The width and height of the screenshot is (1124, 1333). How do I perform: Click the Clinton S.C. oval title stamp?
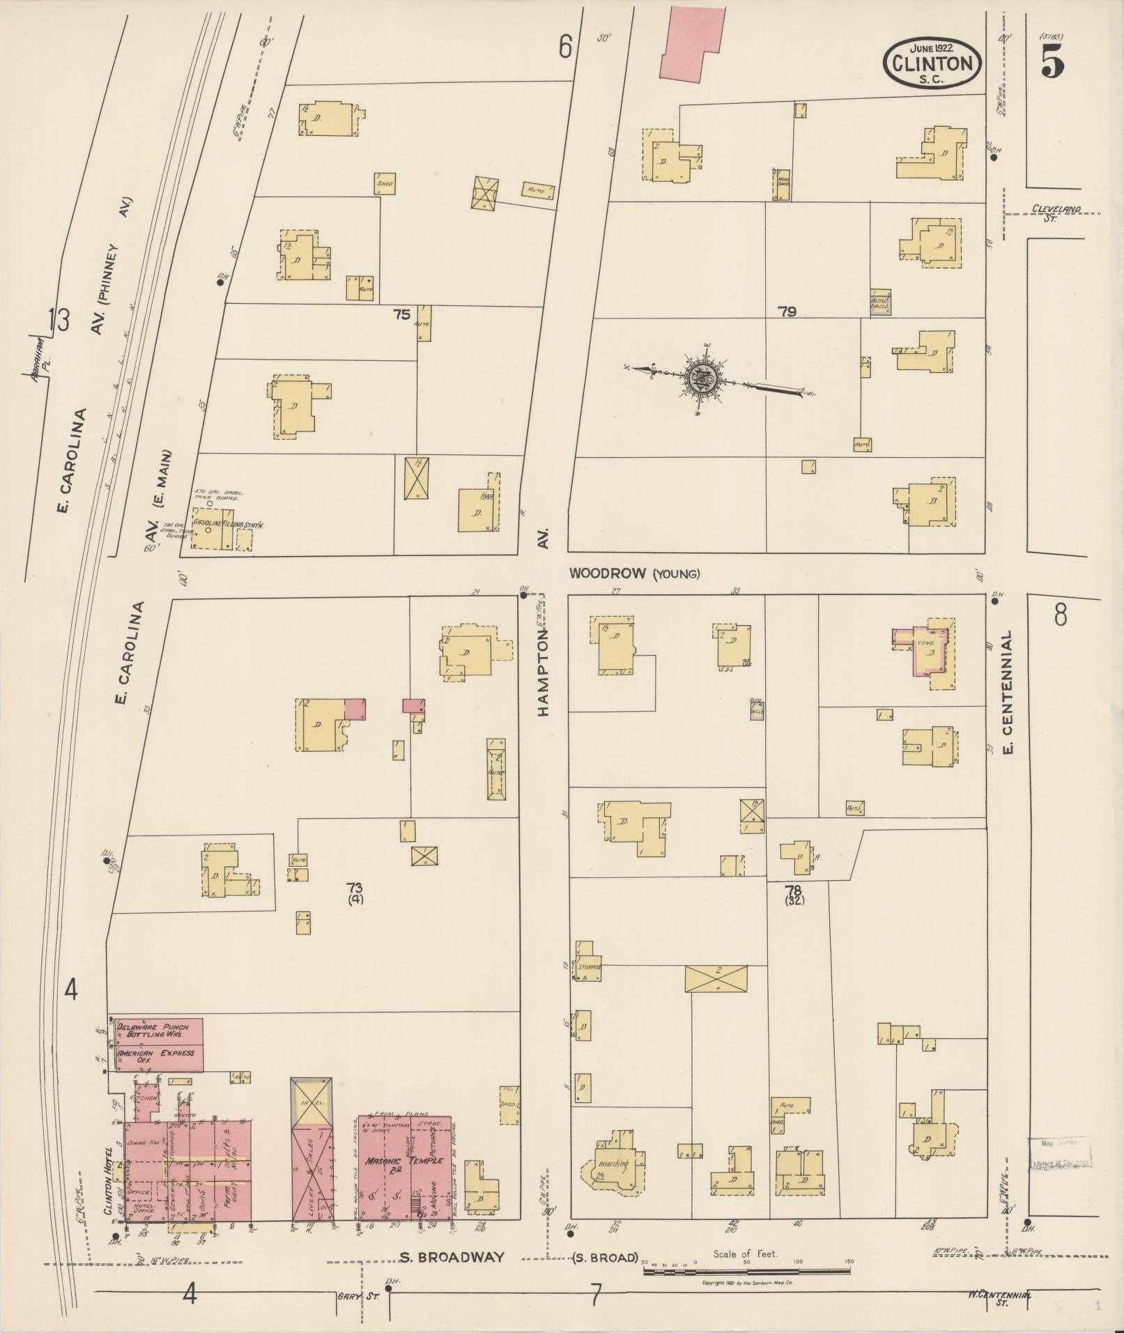pos(932,63)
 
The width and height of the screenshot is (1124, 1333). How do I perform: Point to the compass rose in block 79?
pos(704,378)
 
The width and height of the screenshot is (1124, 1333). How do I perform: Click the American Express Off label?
pos(156,1056)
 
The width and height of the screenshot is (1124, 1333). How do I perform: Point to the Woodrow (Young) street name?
pos(634,573)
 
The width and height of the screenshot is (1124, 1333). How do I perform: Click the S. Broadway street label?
pos(452,1257)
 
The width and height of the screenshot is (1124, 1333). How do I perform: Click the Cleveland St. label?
pos(1054,213)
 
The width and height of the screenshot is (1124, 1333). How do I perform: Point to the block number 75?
pos(401,314)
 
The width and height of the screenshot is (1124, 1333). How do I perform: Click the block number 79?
pos(787,312)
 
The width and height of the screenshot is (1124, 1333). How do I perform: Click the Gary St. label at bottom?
pos(353,1297)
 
